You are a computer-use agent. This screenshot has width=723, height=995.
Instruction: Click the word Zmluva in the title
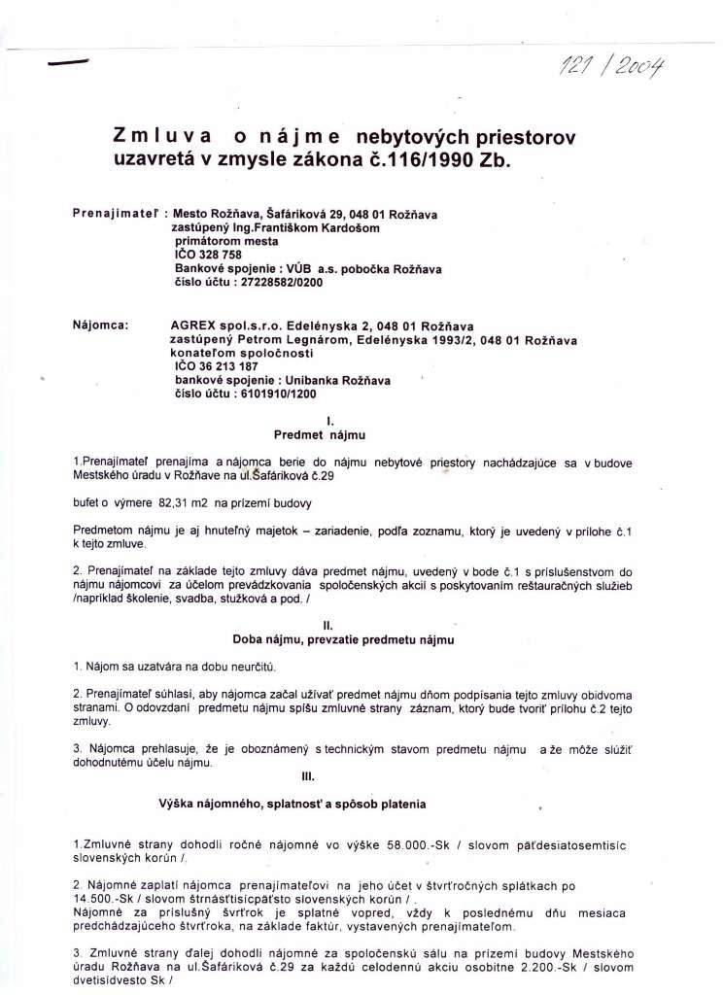tap(160, 138)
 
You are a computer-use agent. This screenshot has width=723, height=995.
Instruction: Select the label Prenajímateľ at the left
tap(118, 211)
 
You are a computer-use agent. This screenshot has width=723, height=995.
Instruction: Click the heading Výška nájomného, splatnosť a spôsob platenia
tap(292, 805)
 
